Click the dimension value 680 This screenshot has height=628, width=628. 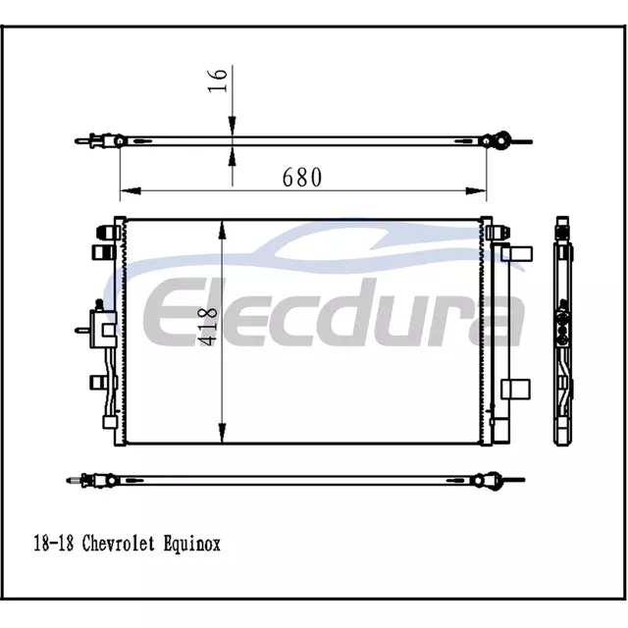pyautogui.click(x=301, y=177)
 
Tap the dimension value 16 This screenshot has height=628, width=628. pyautogui.click(x=218, y=80)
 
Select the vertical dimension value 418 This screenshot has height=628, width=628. pyautogui.click(x=208, y=327)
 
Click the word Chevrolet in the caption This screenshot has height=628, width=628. pyautogui.click(x=118, y=544)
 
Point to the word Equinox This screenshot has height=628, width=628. pyautogui.click(x=192, y=545)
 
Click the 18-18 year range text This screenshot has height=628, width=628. pyautogui.click(x=54, y=544)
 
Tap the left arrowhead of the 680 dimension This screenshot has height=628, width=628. pyautogui.click(x=131, y=191)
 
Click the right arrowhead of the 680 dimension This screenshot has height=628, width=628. pyautogui.click(x=476, y=191)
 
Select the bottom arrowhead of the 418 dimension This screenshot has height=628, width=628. pyautogui.click(x=222, y=433)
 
